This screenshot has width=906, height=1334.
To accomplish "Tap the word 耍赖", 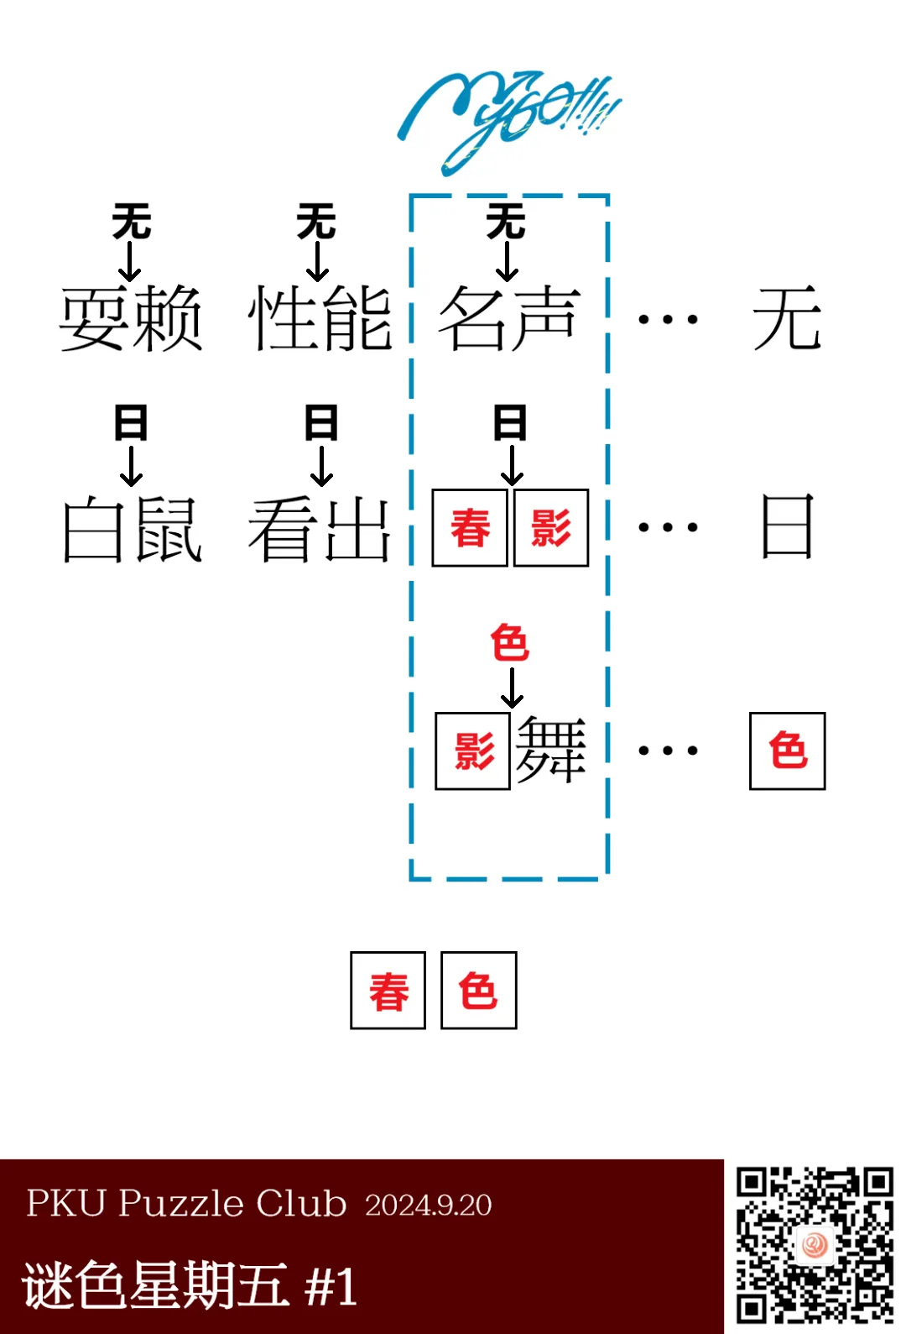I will pos(131,318).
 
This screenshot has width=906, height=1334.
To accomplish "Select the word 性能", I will pos(320,318).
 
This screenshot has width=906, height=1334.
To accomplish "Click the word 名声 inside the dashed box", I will pos(509,318).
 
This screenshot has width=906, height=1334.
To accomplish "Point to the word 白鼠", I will pos(132,528).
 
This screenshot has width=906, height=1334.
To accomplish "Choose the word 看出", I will pos(320,528).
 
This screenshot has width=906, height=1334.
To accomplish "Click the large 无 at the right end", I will pos(787,318).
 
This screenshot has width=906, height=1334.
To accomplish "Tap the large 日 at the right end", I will pos(787,526).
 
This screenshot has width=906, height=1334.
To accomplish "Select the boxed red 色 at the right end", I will pos(787,751).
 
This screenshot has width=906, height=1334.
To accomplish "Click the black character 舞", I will pos(550,750).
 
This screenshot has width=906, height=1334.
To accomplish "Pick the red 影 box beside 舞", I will pos(472,751).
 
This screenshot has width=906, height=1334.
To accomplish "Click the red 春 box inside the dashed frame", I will pos(470,528).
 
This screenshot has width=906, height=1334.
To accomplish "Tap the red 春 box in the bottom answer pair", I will pos(388,991).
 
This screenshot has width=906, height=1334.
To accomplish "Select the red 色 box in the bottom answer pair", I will pos(478,991).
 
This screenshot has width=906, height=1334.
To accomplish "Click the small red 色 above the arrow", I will pos(509,643).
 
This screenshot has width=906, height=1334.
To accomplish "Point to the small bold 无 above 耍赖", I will pos(131,222).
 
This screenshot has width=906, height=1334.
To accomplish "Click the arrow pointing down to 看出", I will pos(321,466).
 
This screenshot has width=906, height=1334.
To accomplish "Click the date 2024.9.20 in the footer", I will pos(428,1205).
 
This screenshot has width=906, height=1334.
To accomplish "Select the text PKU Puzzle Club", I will pos(186,1203).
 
